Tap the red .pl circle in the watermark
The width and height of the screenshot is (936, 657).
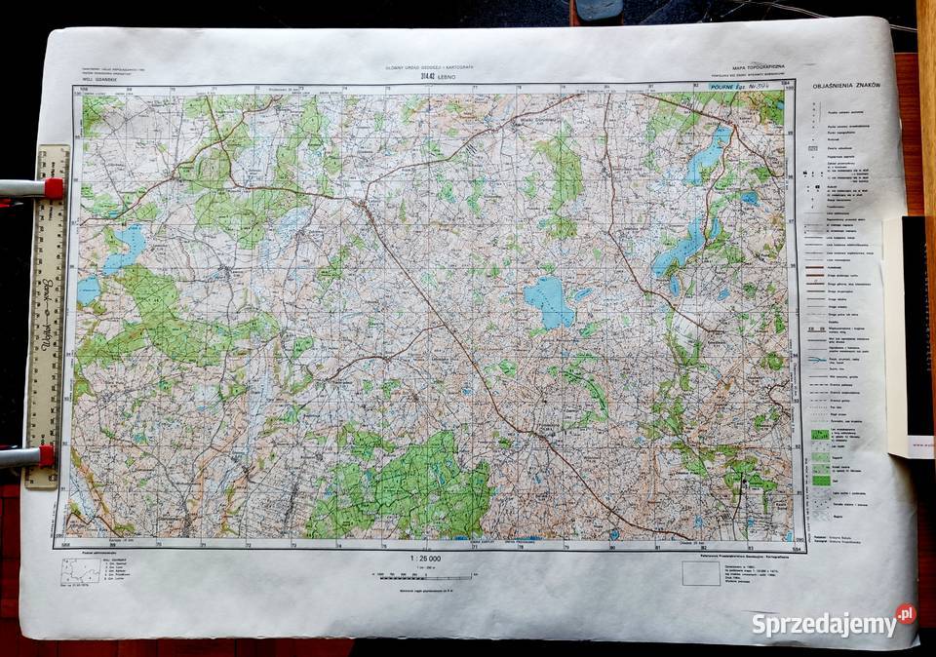tap(906, 614)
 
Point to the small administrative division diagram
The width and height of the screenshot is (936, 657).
tap(80, 572)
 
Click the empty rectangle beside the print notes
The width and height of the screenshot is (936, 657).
tap(700, 574)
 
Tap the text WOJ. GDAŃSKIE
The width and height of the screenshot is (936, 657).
tap(97, 78)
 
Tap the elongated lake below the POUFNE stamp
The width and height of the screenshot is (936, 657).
tap(708, 152)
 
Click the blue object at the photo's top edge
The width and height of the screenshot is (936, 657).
tap(600, 10)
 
